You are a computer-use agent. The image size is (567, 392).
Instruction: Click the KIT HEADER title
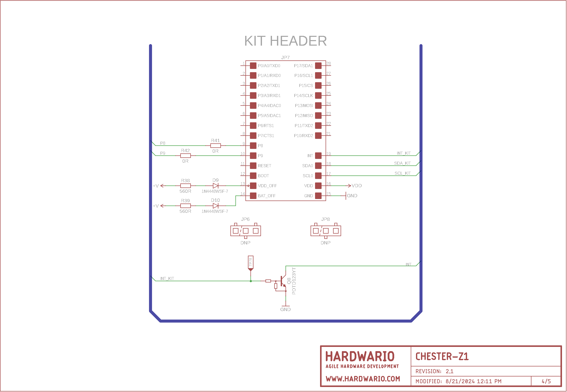286,41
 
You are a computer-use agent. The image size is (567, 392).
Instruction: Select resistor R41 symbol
215,146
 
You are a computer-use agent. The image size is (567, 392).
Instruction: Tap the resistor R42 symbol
185,156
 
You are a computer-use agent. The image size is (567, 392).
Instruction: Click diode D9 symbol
215,186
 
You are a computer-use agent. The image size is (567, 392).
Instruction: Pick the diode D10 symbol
215,206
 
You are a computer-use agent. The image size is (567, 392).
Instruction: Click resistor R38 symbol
185,186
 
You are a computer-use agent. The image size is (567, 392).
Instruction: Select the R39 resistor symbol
185,206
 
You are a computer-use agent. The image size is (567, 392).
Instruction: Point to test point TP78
250,263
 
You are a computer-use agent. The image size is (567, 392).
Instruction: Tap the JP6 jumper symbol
245,231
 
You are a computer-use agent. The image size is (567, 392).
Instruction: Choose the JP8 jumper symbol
326,231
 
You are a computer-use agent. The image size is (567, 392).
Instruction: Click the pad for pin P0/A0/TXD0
253,66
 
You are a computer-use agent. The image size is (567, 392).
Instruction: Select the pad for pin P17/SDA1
318,66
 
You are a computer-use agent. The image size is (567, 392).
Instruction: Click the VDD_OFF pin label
267,186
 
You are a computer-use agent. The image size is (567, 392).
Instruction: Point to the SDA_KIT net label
402,163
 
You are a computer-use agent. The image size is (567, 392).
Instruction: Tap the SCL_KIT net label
402,173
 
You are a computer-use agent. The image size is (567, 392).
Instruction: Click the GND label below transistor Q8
286,309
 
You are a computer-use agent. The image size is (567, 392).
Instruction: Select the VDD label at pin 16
357,186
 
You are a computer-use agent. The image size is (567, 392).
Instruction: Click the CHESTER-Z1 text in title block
442,356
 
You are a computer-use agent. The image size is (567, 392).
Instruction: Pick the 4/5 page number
546,381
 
